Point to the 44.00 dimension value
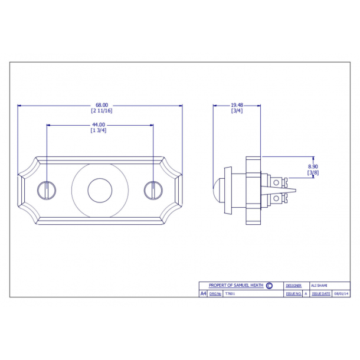(98, 125)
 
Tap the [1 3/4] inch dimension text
(98, 130)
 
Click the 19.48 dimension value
(237, 105)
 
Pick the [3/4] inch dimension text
(237, 110)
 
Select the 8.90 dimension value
(313, 167)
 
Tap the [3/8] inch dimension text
(313, 172)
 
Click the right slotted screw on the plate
(153, 190)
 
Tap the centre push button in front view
(99, 191)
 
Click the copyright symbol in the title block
(270, 285)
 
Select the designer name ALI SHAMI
(319, 285)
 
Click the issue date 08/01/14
(341, 293)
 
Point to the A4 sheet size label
(204, 293)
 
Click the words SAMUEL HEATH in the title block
(249, 285)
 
